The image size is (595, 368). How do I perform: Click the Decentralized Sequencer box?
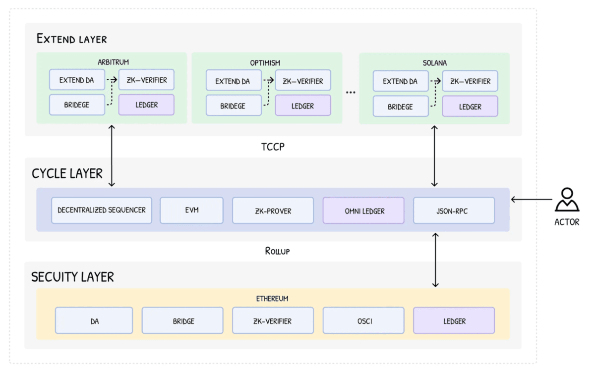[102, 210]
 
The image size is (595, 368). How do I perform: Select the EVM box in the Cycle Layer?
[191, 210]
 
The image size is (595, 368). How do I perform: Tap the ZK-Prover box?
[273, 210]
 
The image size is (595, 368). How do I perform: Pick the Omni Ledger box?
[363, 210]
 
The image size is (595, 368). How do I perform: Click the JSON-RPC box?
[454, 210]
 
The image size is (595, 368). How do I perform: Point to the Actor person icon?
[567, 199]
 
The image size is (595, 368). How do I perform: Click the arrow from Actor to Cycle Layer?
[532, 199]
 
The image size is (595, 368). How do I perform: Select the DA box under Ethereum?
[94, 320]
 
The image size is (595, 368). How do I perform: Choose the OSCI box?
[363, 320]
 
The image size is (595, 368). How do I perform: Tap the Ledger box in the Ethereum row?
[454, 320]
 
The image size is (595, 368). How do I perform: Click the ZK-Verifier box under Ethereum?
[273, 320]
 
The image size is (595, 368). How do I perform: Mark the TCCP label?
[273, 147]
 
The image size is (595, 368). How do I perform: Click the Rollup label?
[277, 251]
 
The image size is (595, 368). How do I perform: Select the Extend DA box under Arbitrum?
[77, 80]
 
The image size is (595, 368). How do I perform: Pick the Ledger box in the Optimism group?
[303, 105]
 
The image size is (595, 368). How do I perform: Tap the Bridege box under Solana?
[401, 106]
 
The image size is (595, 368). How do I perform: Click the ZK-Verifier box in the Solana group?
[470, 81]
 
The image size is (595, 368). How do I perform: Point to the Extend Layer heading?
[71, 39]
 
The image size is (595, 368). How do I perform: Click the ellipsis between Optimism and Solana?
[351, 92]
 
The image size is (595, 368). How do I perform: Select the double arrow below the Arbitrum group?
[112, 156]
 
